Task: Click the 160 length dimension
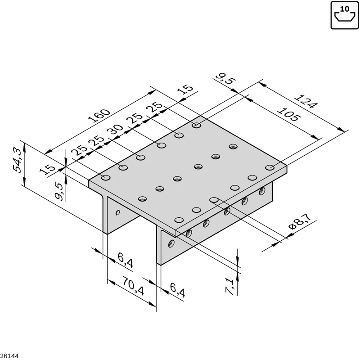(99, 116)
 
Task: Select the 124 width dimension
(306, 101)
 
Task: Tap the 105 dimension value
(288, 114)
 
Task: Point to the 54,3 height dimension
(17, 160)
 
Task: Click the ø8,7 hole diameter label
(300, 221)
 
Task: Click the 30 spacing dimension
(115, 130)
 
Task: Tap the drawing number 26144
(9, 356)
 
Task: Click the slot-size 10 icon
(345, 15)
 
